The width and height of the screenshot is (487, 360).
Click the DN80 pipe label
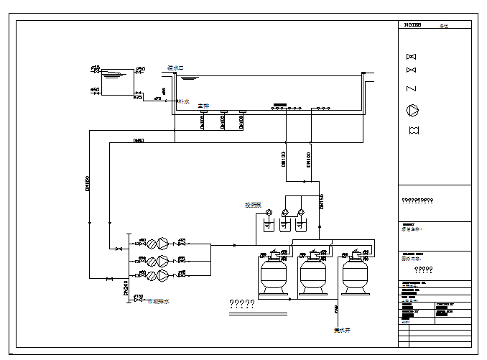pyautogui.click(x=139, y=140)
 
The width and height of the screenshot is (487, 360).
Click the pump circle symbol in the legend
pyautogui.click(x=412, y=110)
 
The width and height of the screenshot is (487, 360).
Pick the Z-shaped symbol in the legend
pyautogui.click(x=412, y=88)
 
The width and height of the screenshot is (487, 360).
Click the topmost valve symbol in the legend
pyautogui.click(x=412, y=57)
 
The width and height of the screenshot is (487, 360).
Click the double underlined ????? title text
pyautogui.click(x=242, y=303)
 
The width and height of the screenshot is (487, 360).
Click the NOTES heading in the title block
pyautogui.click(x=412, y=25)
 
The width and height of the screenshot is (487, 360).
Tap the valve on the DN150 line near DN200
pyautogui.click(x=109, y=279)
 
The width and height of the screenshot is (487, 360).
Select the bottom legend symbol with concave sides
pyautogui.click(x=412, y=130)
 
